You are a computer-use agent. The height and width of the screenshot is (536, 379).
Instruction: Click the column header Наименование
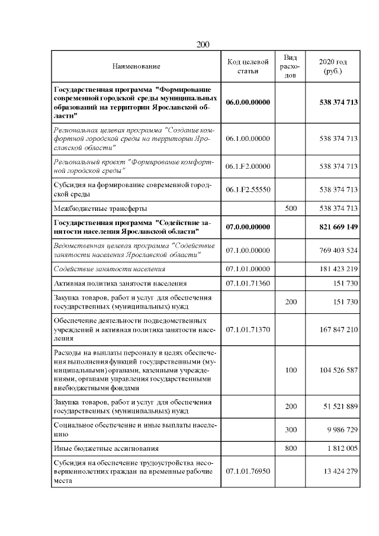[136, 67]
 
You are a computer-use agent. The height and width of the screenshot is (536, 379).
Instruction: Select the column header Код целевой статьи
[248, 67]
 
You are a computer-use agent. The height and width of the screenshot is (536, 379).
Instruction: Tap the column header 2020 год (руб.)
[333, 67]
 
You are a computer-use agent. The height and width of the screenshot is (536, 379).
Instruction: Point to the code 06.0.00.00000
[248, 102]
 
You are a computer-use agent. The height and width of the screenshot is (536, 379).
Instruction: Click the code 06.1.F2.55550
[248, 190]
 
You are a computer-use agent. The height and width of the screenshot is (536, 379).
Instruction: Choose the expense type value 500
[291, 208]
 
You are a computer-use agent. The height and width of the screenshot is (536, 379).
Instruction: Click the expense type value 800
[291, 449]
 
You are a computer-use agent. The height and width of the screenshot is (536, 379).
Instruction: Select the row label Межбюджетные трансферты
[100, 208]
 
